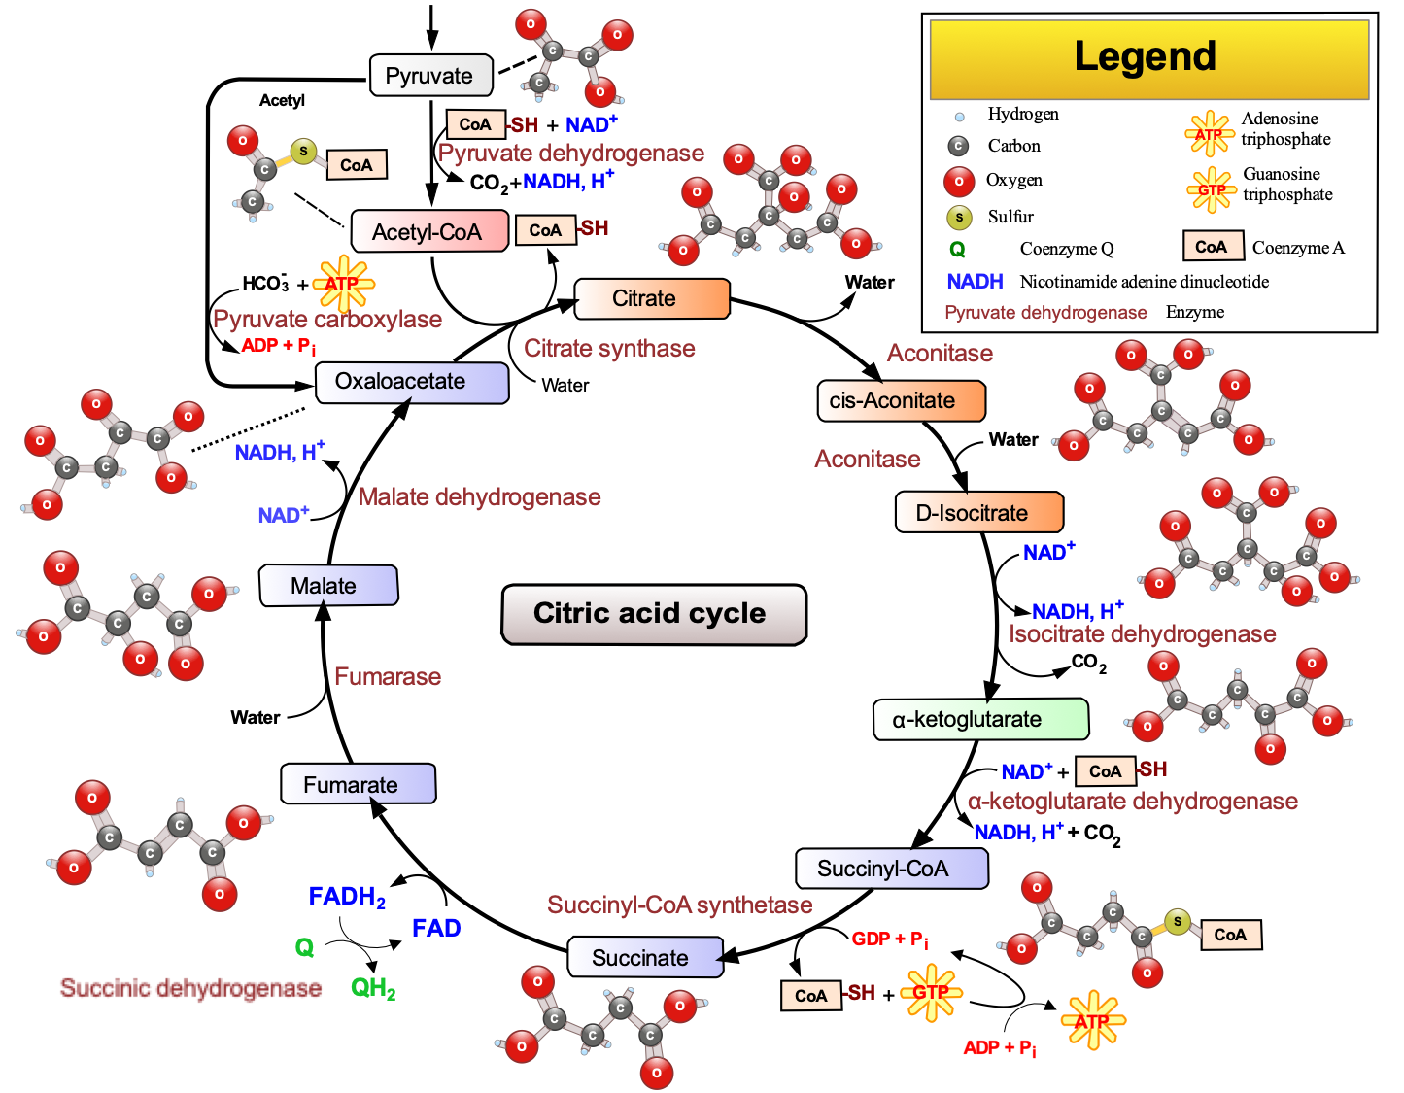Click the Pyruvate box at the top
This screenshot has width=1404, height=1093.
coord(430,76)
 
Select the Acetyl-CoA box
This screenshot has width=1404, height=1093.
coord(428,232)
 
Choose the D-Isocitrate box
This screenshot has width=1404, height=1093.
coord(978,513)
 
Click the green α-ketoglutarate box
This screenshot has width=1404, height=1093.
coord(980,720)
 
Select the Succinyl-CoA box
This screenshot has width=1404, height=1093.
coord(891,869)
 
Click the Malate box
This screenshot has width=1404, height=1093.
coord(328,586)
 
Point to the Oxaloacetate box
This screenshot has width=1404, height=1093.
coord(411,382)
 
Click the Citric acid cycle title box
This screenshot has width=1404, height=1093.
coord(654,614)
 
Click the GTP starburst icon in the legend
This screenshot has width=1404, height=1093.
coord(1211,189)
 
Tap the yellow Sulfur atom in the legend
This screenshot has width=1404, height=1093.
coord(959,218)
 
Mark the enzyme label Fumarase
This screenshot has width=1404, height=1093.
coord(388,677)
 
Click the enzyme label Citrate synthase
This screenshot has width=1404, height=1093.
coord(609,349)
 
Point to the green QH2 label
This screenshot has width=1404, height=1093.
coord(373,989)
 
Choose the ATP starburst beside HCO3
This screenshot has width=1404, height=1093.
coord(343,284)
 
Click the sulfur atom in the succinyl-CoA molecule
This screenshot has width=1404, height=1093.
coord(1177,921)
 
